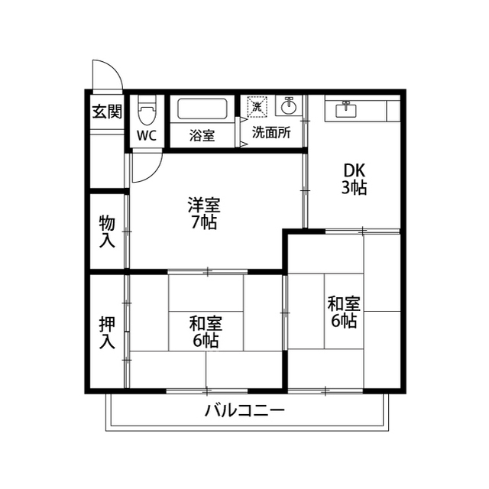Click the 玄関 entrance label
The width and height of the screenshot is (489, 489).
coord(107,111)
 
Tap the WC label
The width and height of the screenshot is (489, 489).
coord(147,135)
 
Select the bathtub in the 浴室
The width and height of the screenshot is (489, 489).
coord(202,108)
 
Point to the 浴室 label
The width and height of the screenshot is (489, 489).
coord(202,135)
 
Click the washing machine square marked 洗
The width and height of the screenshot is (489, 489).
coord(257,107)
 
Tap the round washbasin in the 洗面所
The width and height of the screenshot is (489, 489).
coord(289,106)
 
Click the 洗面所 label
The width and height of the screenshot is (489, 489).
coord(271,132)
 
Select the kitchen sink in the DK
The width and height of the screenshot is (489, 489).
coord(346,110)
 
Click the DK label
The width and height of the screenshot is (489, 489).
coord(354,170)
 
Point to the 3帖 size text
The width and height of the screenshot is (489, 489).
coord(354,188)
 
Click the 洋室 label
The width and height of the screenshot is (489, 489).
coord(204,205)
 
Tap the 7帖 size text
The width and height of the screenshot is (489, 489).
coord(204,222)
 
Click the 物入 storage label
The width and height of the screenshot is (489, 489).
coord(107,231)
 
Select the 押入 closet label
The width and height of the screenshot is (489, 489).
coord(107,332)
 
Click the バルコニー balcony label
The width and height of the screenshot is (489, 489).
coord(244,410)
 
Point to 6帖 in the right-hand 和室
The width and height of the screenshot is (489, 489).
coord(344,321)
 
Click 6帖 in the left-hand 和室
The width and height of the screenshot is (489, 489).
coord(206,341)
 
